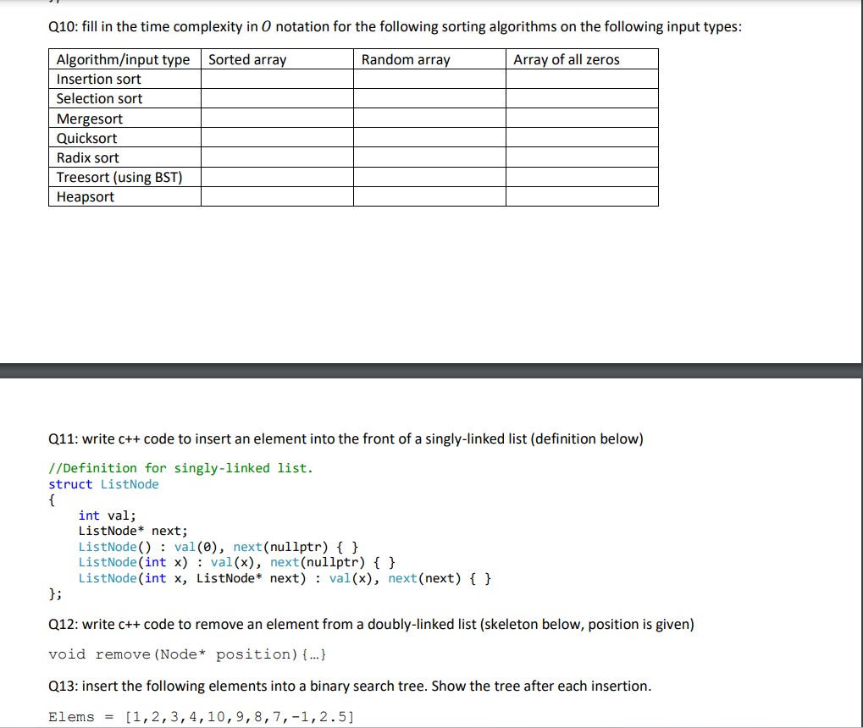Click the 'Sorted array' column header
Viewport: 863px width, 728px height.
click(x=247, y=59)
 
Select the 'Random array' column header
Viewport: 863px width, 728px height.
click(x=406, y=59)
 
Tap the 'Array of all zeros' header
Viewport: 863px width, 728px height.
click(x=566, y=59)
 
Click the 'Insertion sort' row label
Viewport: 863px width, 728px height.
click(x=98, y=79)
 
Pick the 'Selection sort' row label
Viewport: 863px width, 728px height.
click(x=99, y=98)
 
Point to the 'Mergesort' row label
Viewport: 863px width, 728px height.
click(x=89, y=119)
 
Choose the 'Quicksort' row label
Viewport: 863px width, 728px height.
click(x=86, y=138)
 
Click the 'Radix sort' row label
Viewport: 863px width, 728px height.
click(x=87, y=157)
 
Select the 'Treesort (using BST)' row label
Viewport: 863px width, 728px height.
click(x=119, y=177)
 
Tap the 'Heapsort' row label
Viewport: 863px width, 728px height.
click(x=85, y=196)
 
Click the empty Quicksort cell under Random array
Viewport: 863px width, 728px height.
click(x=429, y=138)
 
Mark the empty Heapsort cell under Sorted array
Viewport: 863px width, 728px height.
click(x=277, y=196)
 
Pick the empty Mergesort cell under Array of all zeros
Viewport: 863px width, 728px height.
click(x=582, y=119)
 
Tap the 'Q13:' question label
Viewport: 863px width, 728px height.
click(x=64, y=686)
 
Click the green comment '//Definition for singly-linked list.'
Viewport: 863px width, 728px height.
click(x=180, y=468)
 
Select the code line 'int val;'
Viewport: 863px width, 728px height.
click(x=107, y=515)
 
